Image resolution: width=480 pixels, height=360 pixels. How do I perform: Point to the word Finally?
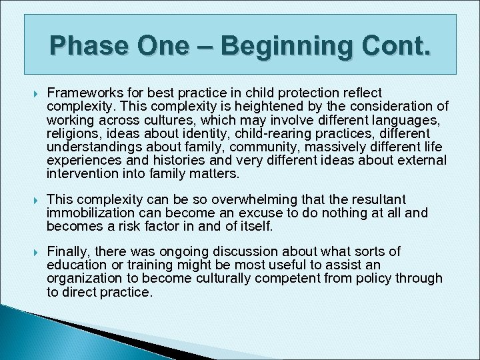click(x=69, y=251)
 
